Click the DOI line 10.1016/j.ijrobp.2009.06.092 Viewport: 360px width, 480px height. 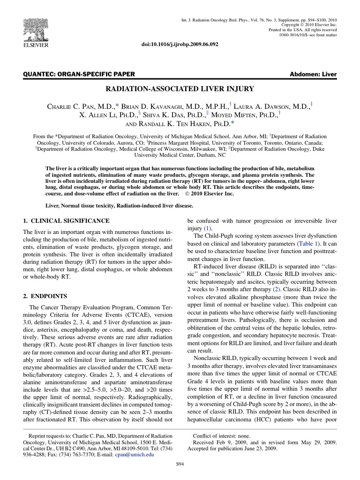[x=180, y=44]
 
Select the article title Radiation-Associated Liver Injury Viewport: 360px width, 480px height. [x=180, y=88]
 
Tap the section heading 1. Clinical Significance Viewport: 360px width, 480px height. [x=67, y=220]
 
